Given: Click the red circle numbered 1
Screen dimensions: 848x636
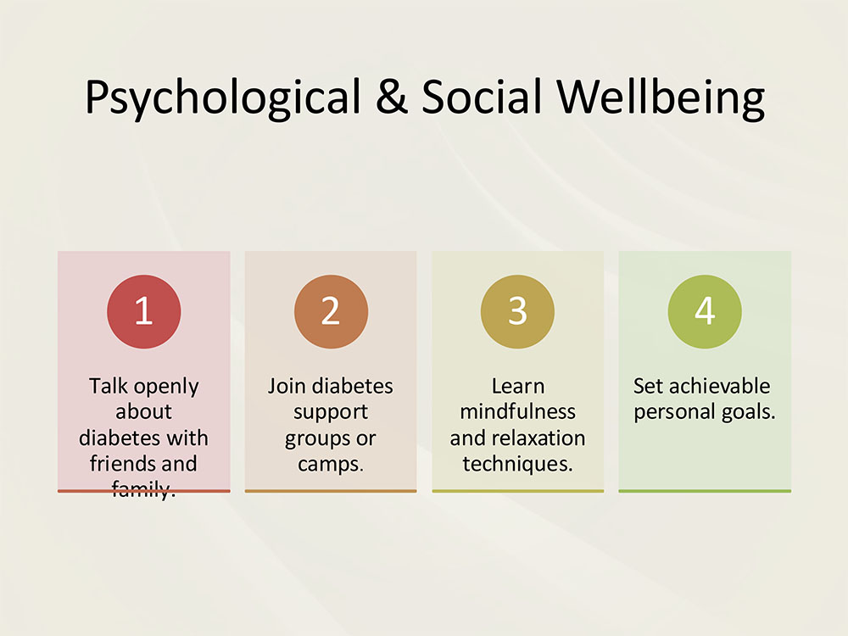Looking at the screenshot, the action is click(x=144, y=311).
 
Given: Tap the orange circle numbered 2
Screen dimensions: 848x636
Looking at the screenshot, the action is click(x=331, y=311).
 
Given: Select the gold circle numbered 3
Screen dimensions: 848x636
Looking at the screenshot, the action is click(x=517, y=311).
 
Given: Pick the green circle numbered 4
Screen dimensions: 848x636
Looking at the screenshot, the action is click(x=705, y=311).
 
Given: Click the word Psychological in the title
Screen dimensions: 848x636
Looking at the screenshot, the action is click(x=223, y=98).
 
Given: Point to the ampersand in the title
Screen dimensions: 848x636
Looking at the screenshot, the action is click(x=392, y=97).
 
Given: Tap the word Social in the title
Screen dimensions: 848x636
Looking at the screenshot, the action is click(x=482, y=97).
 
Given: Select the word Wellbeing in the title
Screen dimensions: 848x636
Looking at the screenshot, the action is click(x=661, y=98).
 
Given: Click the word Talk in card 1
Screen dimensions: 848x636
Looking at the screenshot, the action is click(x=109, y=386).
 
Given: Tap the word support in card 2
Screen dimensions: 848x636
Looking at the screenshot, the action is click(x=331, y=413).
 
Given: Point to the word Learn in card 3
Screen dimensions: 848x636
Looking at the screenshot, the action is click(x=517, y=386).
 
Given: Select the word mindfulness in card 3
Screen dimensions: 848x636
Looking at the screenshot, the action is click(x=517, y=411).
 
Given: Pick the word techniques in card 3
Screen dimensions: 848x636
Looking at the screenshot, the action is click(x=517, y=464).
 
